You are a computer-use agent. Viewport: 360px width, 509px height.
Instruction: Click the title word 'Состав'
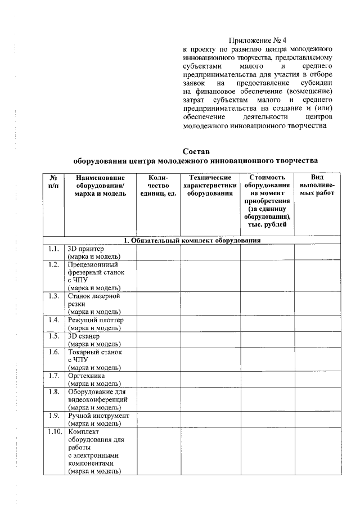196,151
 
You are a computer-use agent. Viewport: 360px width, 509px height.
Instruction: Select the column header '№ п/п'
53,181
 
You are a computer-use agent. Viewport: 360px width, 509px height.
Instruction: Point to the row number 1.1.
53,248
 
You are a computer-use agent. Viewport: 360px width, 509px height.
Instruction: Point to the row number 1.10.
54,432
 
